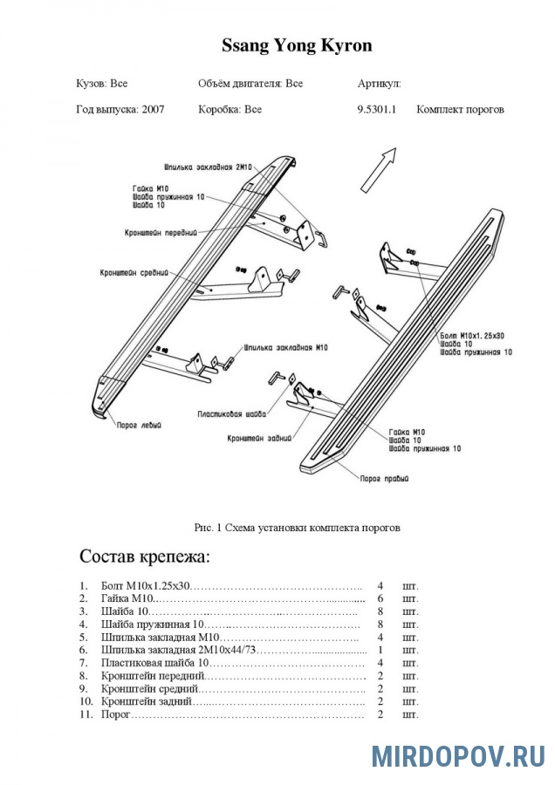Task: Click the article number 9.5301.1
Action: point(376,110)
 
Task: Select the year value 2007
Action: point(151,110)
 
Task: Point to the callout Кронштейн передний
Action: point(161,233)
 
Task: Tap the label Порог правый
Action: point(385,478)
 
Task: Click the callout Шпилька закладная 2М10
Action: point(208,166)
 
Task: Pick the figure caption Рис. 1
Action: point(297,527)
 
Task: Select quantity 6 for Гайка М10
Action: point(380,599)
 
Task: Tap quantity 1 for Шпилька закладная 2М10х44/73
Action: point(380,650)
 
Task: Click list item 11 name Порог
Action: point(116,714)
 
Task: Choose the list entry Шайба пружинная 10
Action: point(152,625)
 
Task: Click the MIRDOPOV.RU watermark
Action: point(458,755)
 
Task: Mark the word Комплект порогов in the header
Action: point(460,110)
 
